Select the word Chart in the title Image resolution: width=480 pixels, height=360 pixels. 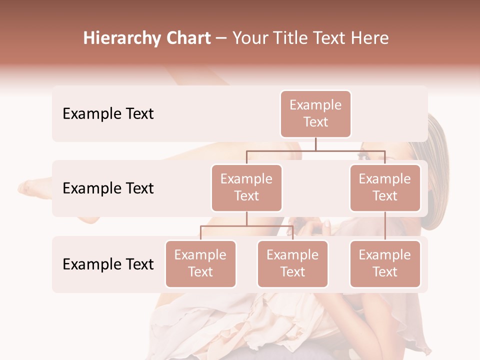pos(189,38)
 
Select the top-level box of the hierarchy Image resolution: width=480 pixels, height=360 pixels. pos(315,113)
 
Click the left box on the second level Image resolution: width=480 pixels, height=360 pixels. pos(246,187)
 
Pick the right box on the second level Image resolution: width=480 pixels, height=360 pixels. pos(385,187)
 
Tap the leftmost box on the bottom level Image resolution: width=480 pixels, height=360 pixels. pos(200,263)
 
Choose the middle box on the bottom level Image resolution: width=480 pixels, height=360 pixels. pos(292,263)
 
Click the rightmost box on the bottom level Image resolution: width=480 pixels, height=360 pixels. pos(385,263)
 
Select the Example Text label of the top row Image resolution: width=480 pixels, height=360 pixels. pos(108,113)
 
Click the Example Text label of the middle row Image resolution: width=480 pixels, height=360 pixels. pos(108,188)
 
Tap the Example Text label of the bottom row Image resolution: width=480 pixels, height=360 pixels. pos(108,264)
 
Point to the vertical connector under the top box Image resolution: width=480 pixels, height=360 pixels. pos(315,144)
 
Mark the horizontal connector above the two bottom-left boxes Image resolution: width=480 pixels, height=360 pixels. pos(246,226)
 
